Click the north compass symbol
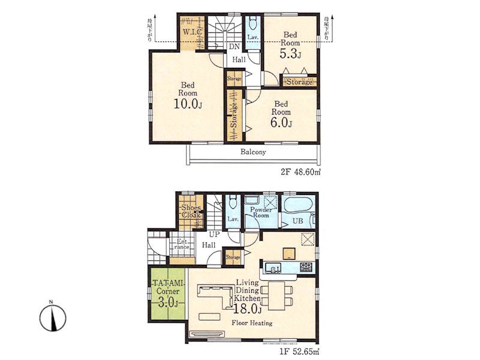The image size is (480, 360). point(53,317)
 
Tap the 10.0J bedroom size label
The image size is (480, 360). point(188,104)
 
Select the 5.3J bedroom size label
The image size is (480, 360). point(290,54)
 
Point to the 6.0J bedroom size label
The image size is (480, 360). point(281,122)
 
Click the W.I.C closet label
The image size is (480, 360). point(192,32)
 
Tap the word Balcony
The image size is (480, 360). point(253,152)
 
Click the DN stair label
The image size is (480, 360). point(235,47)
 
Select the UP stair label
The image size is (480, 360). point(214,235)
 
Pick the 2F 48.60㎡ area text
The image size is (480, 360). point(301,172)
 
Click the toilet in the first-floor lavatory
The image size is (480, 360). point(233,202)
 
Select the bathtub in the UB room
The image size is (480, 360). point(298,204)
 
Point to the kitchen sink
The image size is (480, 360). point(273,267)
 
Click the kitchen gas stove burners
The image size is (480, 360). point(306,267)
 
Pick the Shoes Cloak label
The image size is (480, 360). point(191,211)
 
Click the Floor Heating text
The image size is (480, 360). point(252,323)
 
